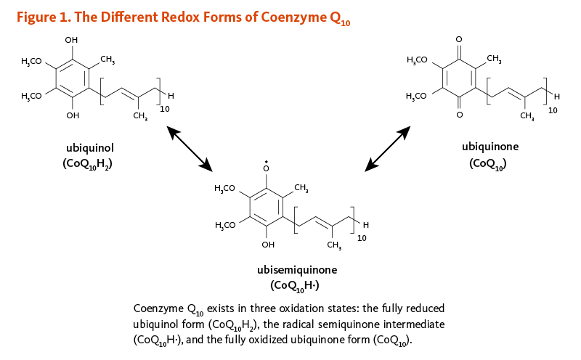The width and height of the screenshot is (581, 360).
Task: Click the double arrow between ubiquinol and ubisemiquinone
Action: pyautogui.click(x=190, y=150)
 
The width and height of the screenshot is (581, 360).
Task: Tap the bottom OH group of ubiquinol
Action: pyautogui.click(x=71, y=115)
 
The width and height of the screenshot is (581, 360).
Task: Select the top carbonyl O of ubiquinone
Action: pyautogui.click(x=458, y=38)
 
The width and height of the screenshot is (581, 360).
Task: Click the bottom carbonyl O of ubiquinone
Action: pyautogui.click(x=458, y=115)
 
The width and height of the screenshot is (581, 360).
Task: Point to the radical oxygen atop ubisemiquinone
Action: pyautogui.click(x=267, y=168)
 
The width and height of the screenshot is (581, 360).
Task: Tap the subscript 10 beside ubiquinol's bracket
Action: pyautogui.click(x=165, y=108)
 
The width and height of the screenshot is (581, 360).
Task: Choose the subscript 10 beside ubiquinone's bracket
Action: pyautogui.click(x=552, y=110)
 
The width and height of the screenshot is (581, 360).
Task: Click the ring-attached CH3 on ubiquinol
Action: pyautogui.click(x=107, y=59)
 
